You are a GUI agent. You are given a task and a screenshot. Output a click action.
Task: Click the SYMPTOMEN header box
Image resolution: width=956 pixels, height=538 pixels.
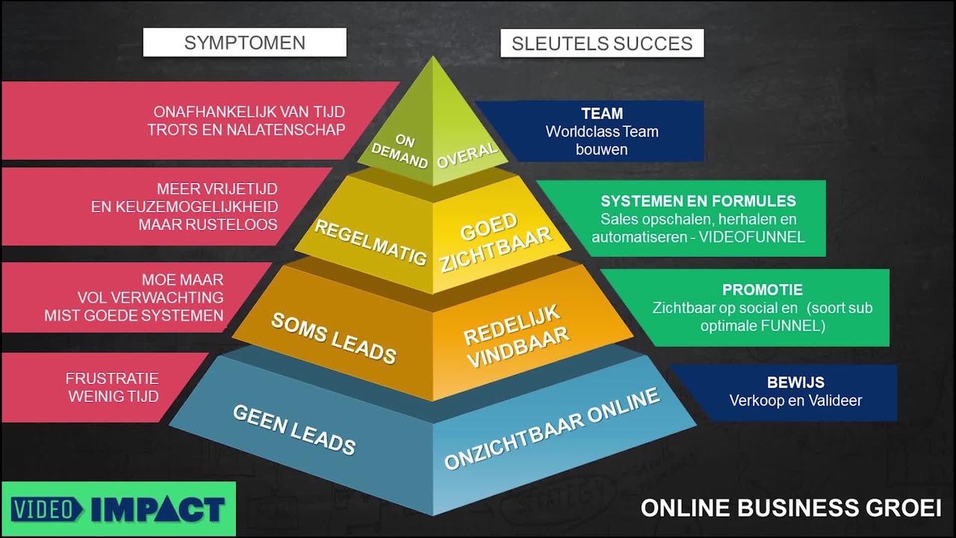pos(244,43)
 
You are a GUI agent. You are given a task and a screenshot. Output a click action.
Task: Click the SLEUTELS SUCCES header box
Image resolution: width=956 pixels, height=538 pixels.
pos(602,43)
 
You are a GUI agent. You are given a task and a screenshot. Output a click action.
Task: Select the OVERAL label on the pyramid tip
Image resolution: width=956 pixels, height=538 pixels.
pos(467,155)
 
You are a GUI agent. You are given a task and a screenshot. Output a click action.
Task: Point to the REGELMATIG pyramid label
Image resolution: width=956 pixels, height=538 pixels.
pos(370,241)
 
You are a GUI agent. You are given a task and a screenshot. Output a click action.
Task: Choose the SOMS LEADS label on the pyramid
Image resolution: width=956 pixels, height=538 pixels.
pos(333,338)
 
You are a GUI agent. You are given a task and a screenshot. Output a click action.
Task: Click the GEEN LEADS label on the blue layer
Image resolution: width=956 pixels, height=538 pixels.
pos(294,429)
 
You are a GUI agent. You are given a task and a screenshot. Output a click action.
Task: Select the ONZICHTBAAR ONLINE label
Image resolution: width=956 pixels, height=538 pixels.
pos(552,428)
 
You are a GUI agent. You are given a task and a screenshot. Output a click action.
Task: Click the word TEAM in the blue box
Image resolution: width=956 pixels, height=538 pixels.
pos(602,114)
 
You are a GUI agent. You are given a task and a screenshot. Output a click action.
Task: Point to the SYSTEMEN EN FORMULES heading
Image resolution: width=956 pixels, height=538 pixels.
pos(698,201)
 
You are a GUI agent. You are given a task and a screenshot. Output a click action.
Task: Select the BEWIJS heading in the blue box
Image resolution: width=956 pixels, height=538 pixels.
pos(795,383)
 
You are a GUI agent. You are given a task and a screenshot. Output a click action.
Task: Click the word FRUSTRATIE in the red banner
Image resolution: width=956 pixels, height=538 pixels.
pos(112,378)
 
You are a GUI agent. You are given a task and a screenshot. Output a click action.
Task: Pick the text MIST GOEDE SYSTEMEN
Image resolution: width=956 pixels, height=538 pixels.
pos(134,315)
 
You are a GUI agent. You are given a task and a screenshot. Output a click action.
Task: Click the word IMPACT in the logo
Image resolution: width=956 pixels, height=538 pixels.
pos(158,510)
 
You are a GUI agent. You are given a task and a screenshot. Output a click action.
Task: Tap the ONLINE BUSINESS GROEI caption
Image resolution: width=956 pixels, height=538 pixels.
pos(790,508)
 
